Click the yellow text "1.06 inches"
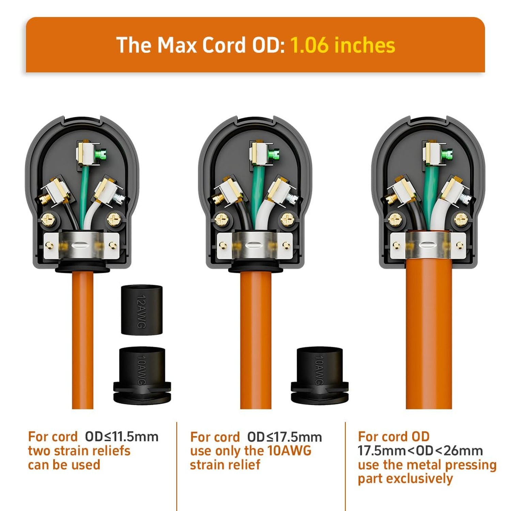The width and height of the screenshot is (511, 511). click(342, 45)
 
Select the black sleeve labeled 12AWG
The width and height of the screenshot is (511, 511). click(142, 310)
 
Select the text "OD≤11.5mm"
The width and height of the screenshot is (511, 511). click(122, 436)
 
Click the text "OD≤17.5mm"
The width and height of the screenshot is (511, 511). click(284, 437)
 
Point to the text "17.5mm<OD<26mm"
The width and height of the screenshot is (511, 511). click(420, 451)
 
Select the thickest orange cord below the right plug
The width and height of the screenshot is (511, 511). click(429, 337)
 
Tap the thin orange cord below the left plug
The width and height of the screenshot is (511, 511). click(82, 341)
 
